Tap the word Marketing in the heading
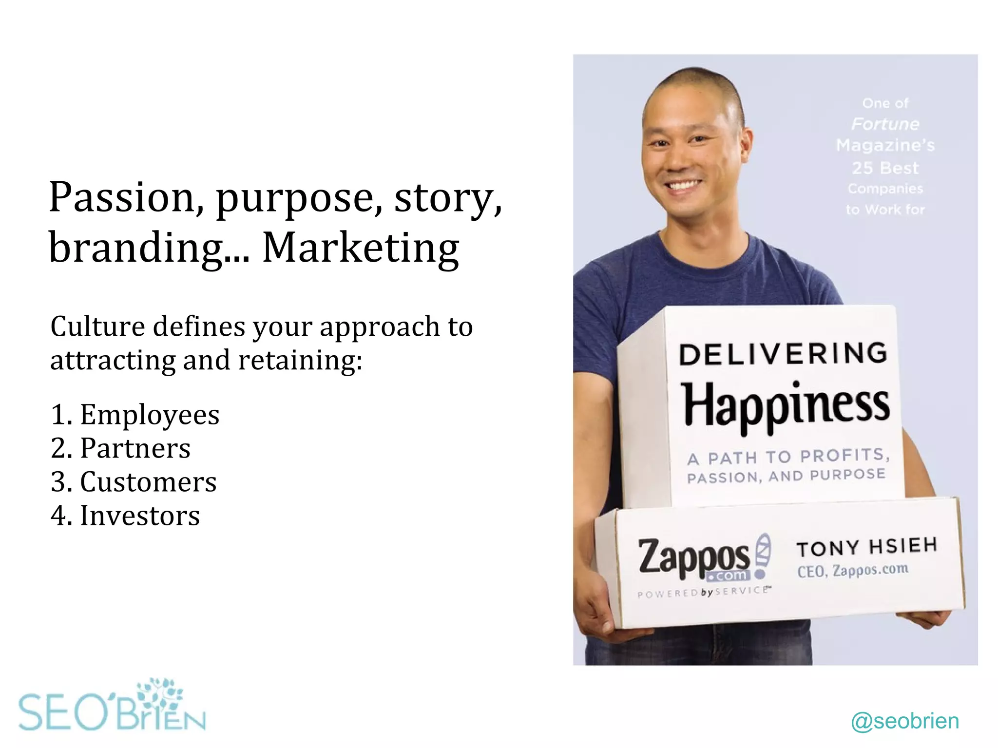pos(361,248)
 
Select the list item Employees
pos(149,415)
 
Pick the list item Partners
pos(135,448)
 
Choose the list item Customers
pos(148,482)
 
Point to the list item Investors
pos(139,516)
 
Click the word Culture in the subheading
pos(97,326)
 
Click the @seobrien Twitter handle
pos(905,721)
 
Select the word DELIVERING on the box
pos(783,354)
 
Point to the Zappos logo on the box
pos(694,558)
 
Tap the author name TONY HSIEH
pos(867,547)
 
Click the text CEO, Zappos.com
pos(853,570)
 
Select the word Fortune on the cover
pos(885,124)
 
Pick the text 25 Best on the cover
pos(885,168)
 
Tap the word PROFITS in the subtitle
pos(844,456)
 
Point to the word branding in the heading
pos(136,248)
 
